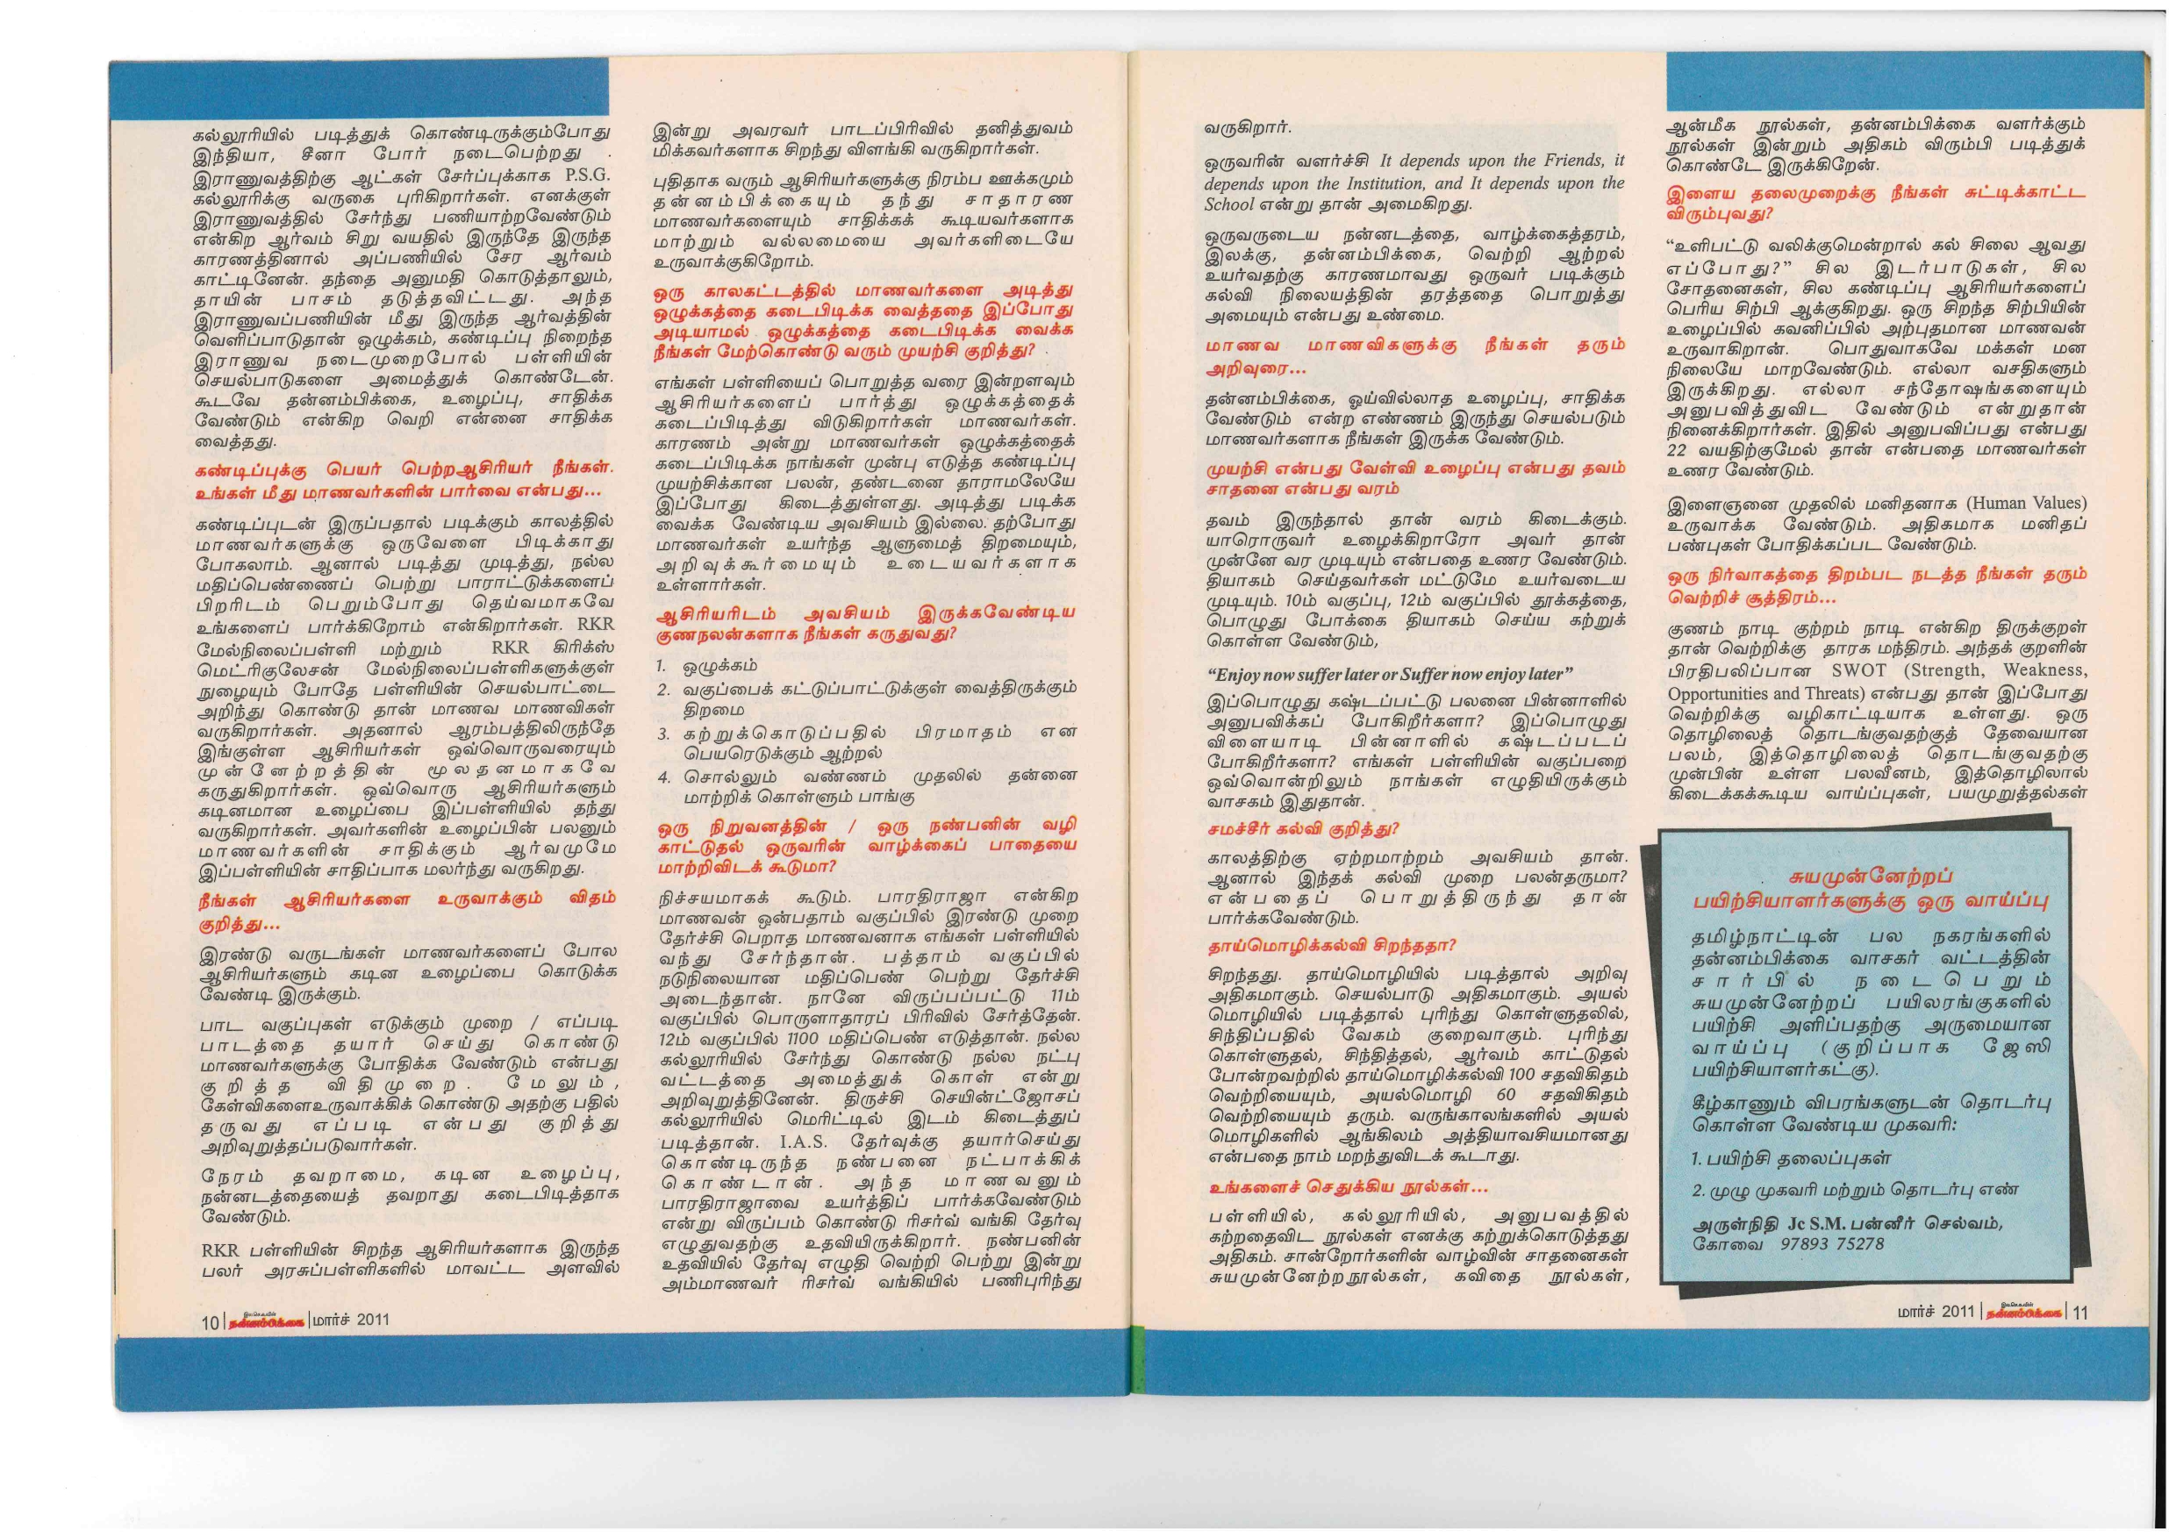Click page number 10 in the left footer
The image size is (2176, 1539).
click(x=210, y=1321)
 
